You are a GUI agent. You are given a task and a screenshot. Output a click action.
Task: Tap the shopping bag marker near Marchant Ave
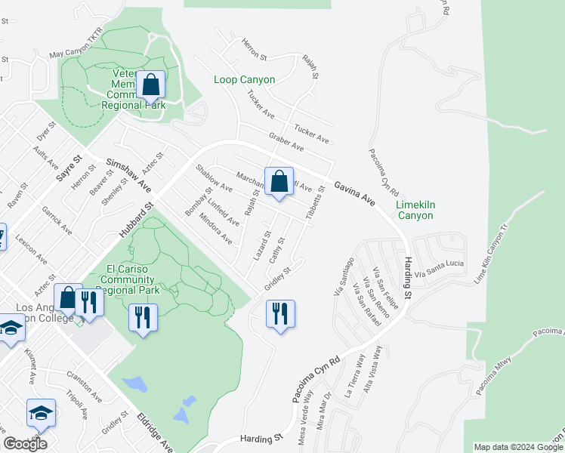coord(279,181)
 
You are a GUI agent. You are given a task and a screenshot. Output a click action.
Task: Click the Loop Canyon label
coord(244,79)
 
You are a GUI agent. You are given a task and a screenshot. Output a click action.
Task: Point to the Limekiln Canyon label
coord(415,210)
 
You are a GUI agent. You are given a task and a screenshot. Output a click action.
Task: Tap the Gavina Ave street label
coord(355,193)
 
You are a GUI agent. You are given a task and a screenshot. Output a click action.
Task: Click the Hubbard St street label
coord(137,219)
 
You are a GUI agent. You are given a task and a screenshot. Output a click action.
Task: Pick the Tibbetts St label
coord(316,203)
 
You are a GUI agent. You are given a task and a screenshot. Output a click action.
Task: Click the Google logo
coord(25,443)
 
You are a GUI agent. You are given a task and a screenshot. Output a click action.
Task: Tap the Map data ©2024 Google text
coord(518,447)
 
